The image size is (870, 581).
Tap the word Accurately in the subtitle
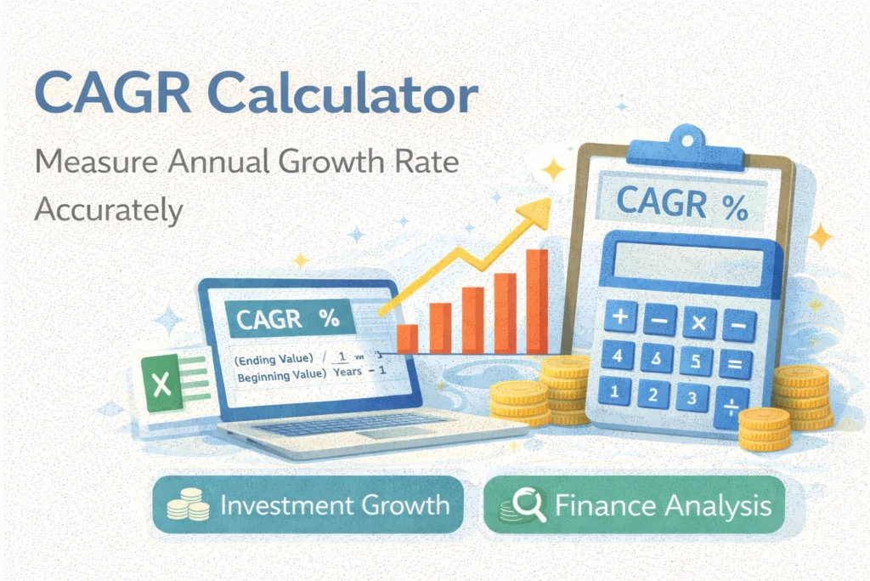[x=109, y=209]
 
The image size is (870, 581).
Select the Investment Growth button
[x=308, y=506]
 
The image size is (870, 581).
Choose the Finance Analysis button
[x=632, y=506]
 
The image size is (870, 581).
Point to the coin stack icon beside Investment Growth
[x=188, y=505]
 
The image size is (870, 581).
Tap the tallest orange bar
[x=537, y=302]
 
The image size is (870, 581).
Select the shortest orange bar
[x=408, y=338]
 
